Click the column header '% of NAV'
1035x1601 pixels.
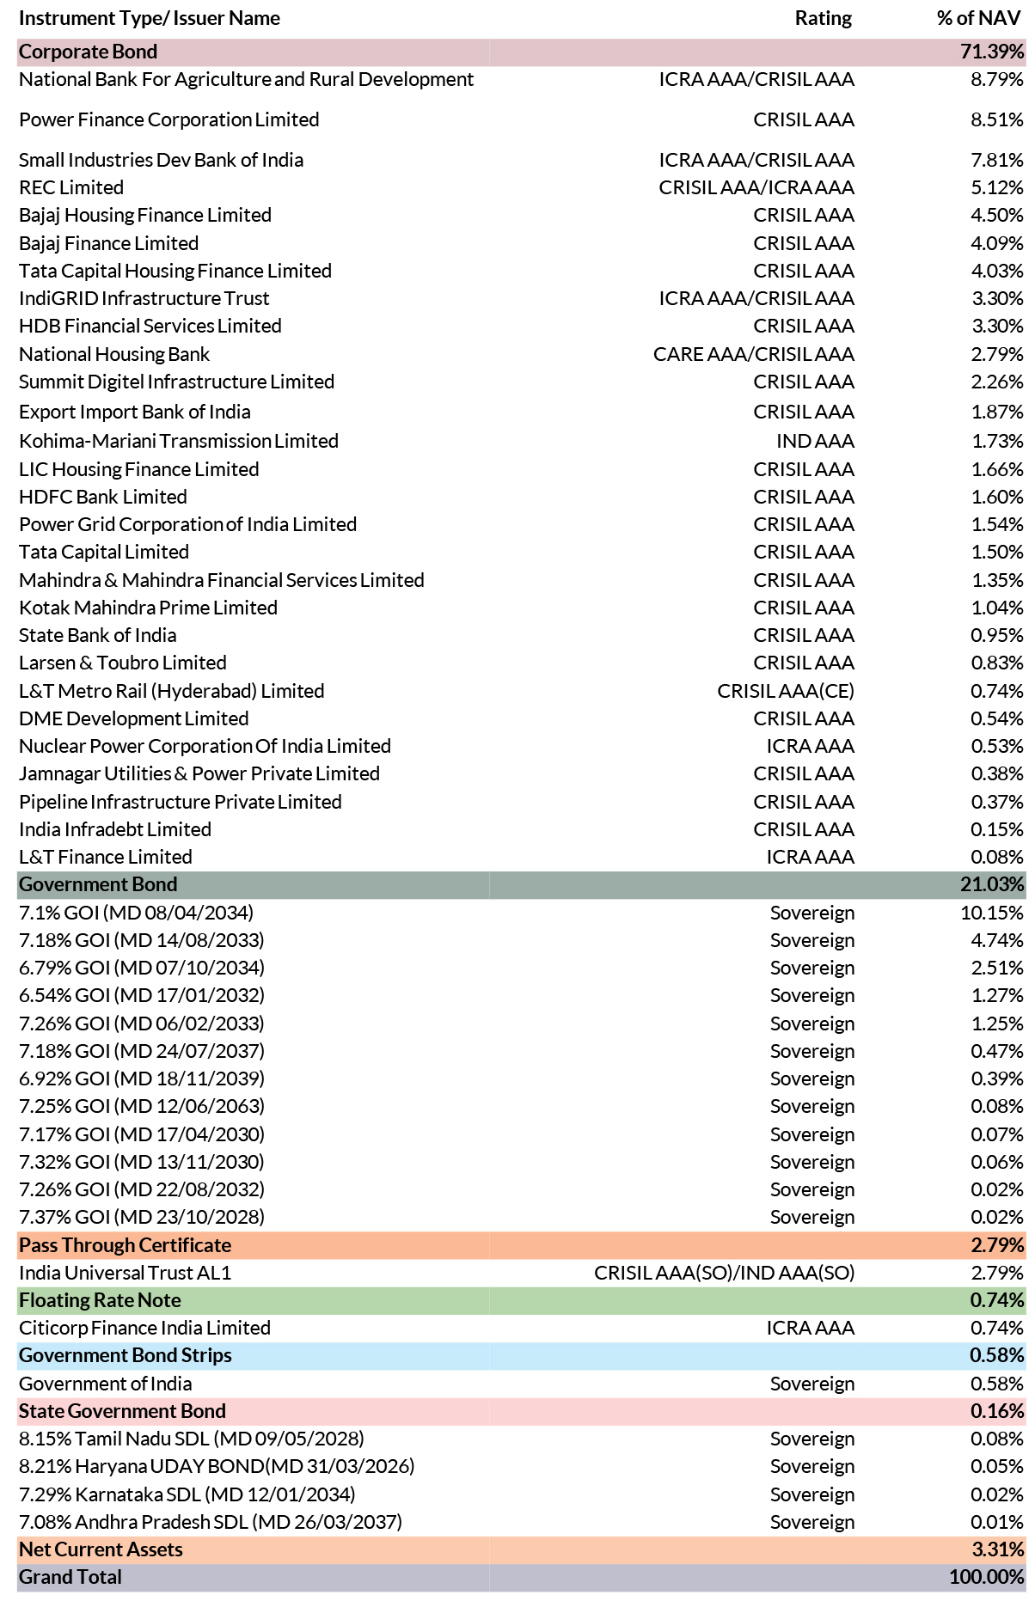tap(978, 18)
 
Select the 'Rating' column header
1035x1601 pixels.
tap(824, 18)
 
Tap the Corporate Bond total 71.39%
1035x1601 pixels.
tap(992, 52)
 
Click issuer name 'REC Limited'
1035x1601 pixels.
tap(71, 187)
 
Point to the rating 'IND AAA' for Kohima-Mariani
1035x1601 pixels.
tap(815, 441)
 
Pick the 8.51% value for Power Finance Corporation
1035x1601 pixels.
tap(997, 119)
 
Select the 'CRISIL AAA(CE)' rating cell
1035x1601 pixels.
tap(786, 691)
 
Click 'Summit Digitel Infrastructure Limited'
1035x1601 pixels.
tap(176, 382)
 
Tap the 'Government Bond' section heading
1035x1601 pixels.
tap(98, 884)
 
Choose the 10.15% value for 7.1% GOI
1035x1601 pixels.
tap(992, 913)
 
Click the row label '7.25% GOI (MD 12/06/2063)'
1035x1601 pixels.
tap(142, 1106)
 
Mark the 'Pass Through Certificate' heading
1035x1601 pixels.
tap(125, 1245)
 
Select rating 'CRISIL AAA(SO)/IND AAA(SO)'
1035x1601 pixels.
tap(725, 1273)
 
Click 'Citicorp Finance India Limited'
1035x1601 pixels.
tap(144, 1328)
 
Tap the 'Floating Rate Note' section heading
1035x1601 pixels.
tap(100, 1300)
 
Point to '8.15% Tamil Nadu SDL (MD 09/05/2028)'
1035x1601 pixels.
tap(192, 1439)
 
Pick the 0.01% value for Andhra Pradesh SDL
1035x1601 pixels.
tap(997, 1522)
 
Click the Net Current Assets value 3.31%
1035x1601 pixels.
tap(997, 1549)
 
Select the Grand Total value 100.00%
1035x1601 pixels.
tap(987, 1577)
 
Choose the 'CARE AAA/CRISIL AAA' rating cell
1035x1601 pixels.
tap(754, 354)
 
